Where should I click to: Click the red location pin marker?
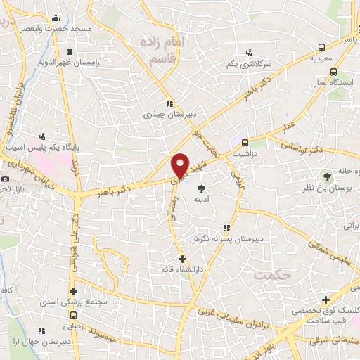pos(181,165)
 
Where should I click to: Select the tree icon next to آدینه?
pos(202,188)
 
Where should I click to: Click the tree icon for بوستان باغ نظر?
pos(326,175)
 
